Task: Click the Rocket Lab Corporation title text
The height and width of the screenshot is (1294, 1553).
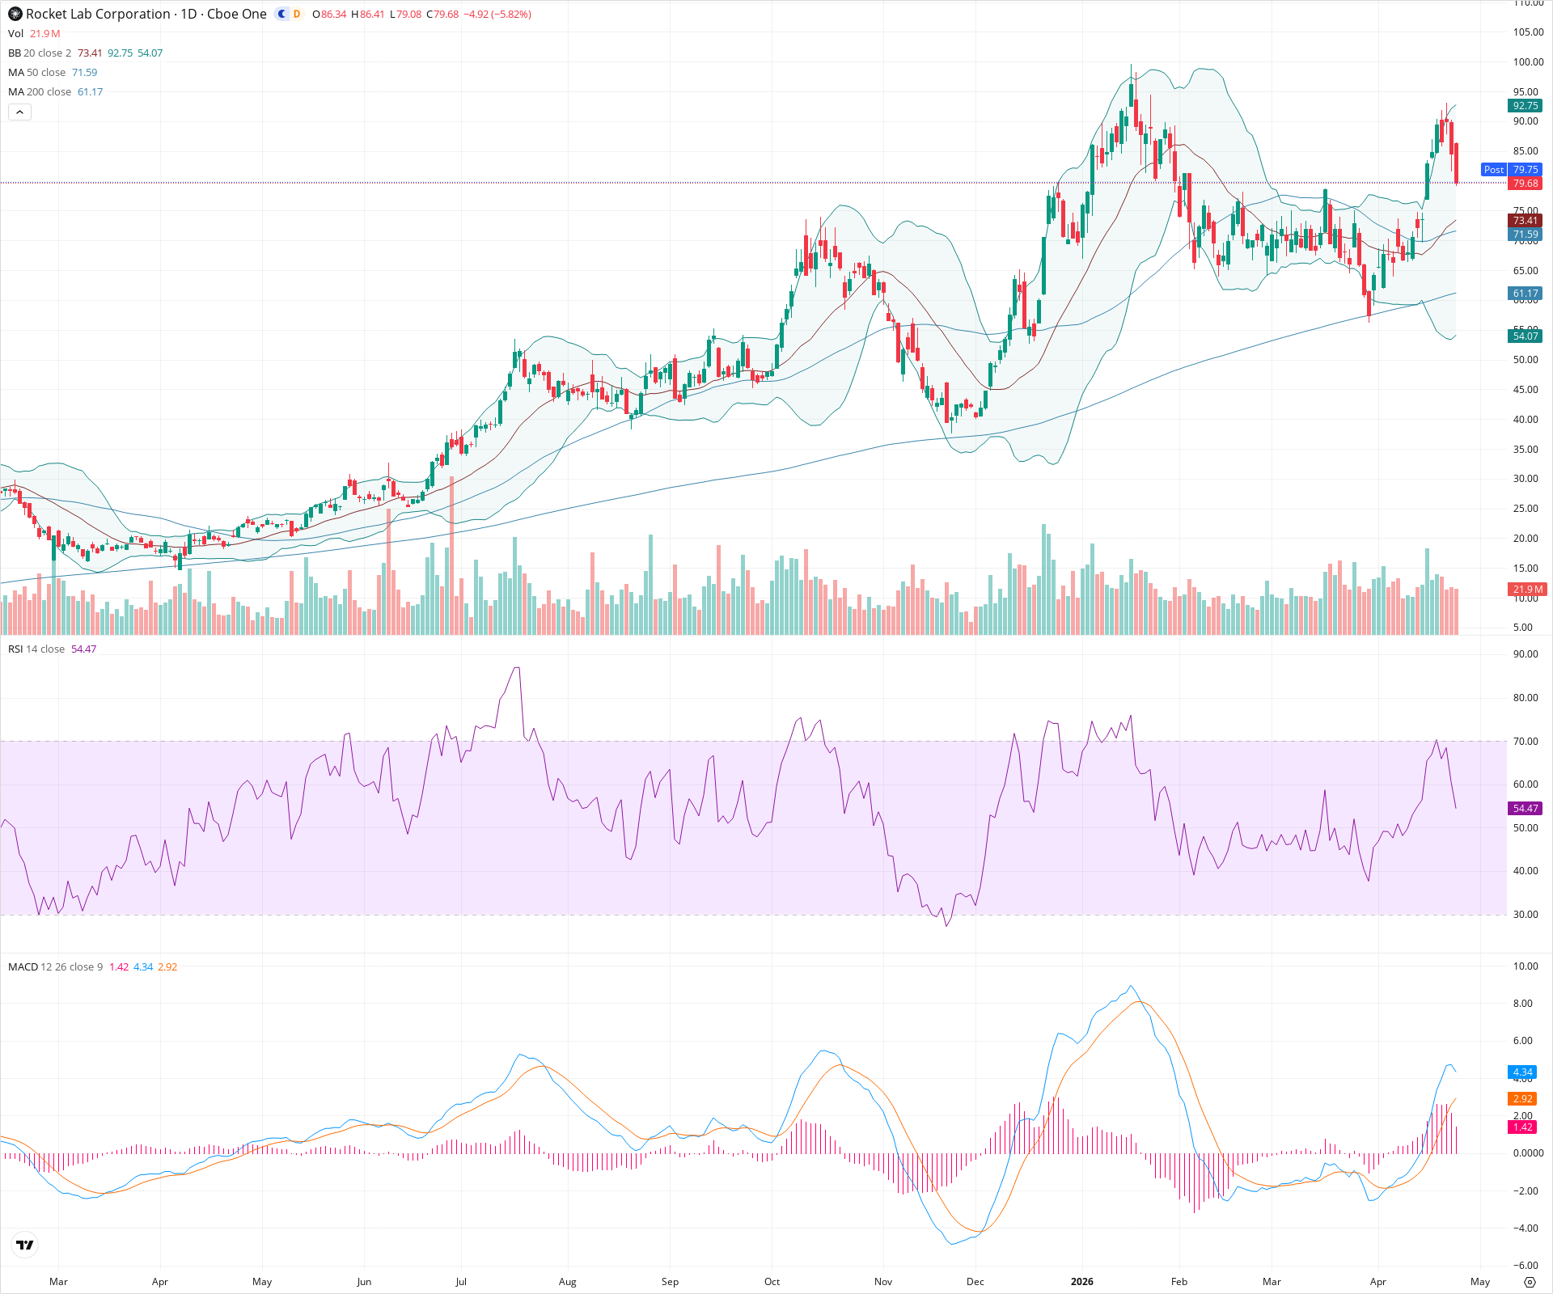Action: click(98, 14)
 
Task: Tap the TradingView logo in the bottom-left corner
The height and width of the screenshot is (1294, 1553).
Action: click(25, 1245)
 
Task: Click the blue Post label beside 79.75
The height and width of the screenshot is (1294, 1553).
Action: click(1493, 170)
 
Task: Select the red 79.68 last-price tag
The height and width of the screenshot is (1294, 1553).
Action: click(1525, 184)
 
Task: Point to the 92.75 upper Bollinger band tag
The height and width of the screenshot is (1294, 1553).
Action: click(1525, 106)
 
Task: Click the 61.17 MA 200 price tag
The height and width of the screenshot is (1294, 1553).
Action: click(1525, 294)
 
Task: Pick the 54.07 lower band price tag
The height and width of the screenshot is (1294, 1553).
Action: click(1525, 336)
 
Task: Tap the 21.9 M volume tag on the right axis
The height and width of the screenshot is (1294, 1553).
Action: click(1527, 590)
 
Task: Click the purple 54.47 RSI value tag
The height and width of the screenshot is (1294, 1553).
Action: click(1525, 808)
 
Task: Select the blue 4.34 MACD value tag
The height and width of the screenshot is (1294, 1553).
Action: click(1522, 1072)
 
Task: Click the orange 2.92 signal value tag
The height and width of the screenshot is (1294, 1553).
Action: click(1522, 1098)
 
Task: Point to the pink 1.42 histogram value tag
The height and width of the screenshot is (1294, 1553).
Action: click(1522, 1127)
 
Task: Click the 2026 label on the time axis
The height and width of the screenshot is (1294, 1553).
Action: click(1081, 1281)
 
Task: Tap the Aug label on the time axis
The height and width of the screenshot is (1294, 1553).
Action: click(567, 1281)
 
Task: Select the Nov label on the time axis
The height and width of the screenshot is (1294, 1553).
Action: click(882, 1281)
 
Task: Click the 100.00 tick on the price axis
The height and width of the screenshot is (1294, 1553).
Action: click(1528, 62)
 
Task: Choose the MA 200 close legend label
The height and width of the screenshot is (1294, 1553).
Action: click(40, 92)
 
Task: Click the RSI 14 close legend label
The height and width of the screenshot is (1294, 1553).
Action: click(36, 649)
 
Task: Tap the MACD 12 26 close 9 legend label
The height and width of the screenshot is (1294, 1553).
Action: click(55, 967)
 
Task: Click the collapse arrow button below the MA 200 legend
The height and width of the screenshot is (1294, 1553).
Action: click(19, 112)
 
